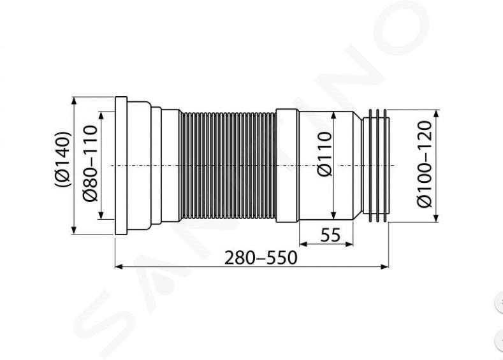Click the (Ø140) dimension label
pyautogui.click(x=62, y=159)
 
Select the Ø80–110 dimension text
pyautogui.click(x=89, y=164)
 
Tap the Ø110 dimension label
pyautogui.click(x=324, y=154)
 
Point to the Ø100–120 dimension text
pyautogui.click(x=425, y=164)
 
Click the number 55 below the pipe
pyautogui.click(x=330, y=236)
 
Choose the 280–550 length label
pyautogui.click(x=261, y=258)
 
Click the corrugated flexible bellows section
pyautogui.click(x=228, y=166)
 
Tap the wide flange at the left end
pyautogui.click(x=121, y=166)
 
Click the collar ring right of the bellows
pyautogui.click(x=288, y=166)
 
